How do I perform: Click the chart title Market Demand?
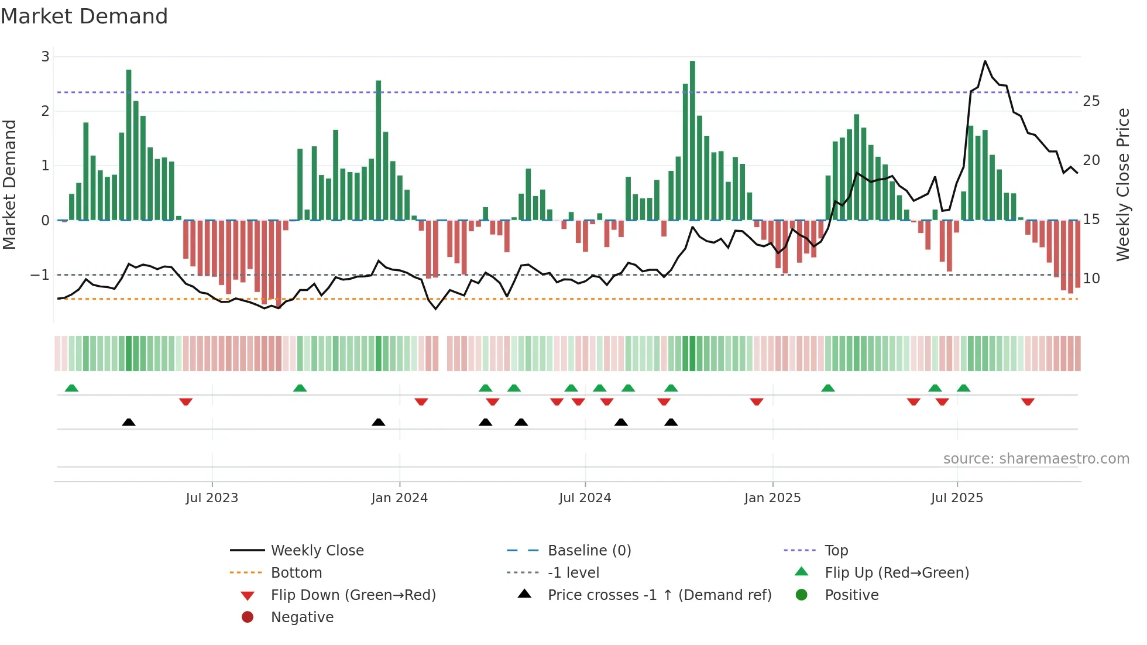coord(84,16)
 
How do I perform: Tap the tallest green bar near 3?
coord(692,140)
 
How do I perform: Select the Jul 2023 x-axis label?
coord(212,498)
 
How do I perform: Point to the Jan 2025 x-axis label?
coord(772,498)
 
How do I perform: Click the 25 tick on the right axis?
coord(1091,101)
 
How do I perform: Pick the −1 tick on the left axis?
coord(40,275)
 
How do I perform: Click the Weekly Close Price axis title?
coord(1122,184)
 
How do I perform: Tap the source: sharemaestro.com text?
coord(1036,459)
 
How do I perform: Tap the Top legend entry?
coord(836,551)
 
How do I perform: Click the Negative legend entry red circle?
coord(248,617)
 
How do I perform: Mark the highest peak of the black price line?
coord(985,61)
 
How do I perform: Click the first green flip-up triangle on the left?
coord(71,388)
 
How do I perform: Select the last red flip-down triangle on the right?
coord(1028,402)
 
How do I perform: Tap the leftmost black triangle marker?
coord(129,422)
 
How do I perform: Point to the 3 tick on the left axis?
coord(45,57)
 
